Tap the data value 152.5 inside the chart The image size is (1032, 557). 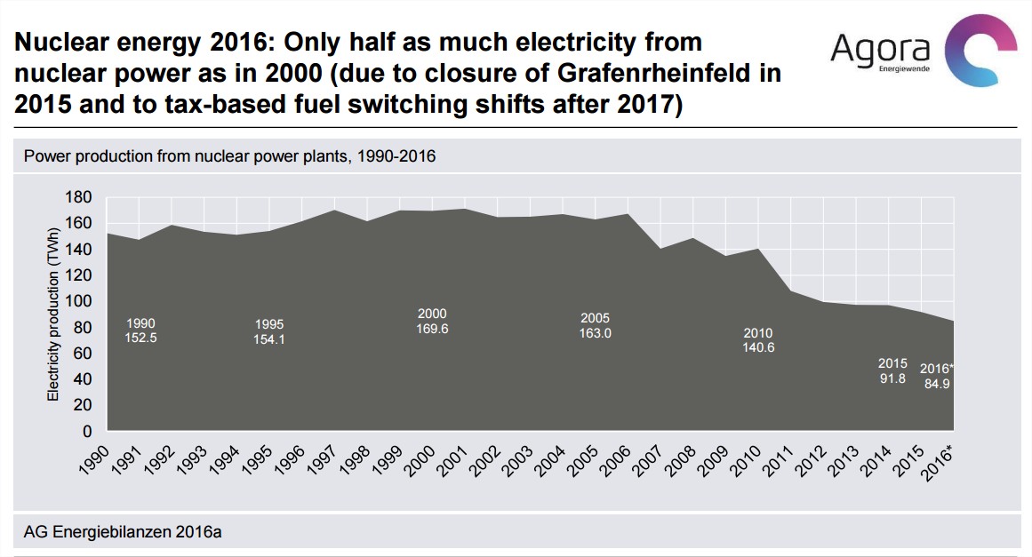pos(141,338)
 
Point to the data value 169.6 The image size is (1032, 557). pos(432,328)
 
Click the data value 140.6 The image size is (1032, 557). pos(758,347)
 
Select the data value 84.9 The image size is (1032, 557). pos(936,385)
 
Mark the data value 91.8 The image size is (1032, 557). pos(892,378)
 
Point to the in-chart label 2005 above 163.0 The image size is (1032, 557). pos(595,318)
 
